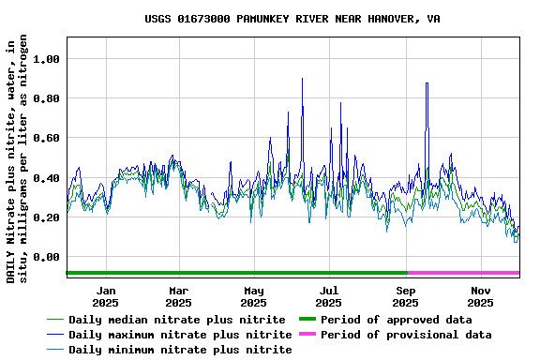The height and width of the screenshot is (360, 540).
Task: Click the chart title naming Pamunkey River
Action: point(292,19)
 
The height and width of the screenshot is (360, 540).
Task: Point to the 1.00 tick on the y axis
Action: point(46,59)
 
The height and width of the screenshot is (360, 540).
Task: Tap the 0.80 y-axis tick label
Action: point(46,98)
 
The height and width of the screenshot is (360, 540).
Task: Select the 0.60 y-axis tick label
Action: point(46,138)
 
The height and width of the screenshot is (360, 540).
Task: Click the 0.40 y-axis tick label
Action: point(46,178)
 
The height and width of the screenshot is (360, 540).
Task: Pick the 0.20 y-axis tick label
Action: point(46,217)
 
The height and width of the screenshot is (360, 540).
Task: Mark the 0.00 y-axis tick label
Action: point(46,257)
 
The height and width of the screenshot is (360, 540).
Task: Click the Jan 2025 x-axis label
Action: point(106,296)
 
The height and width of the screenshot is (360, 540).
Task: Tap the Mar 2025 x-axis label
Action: point(178,296)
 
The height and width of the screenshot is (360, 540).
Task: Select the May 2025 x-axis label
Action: point(253,296)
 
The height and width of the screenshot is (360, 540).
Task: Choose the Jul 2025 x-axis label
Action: point(328,296)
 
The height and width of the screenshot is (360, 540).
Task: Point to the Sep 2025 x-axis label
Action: point(405,296)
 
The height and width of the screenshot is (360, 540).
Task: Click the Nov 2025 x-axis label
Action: point(480,296)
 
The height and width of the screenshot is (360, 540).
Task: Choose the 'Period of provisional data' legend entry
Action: point(405,335)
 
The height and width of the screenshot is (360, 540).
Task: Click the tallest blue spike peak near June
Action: point(302,79)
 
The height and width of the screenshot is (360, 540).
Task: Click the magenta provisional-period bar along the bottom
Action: point(463,273)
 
